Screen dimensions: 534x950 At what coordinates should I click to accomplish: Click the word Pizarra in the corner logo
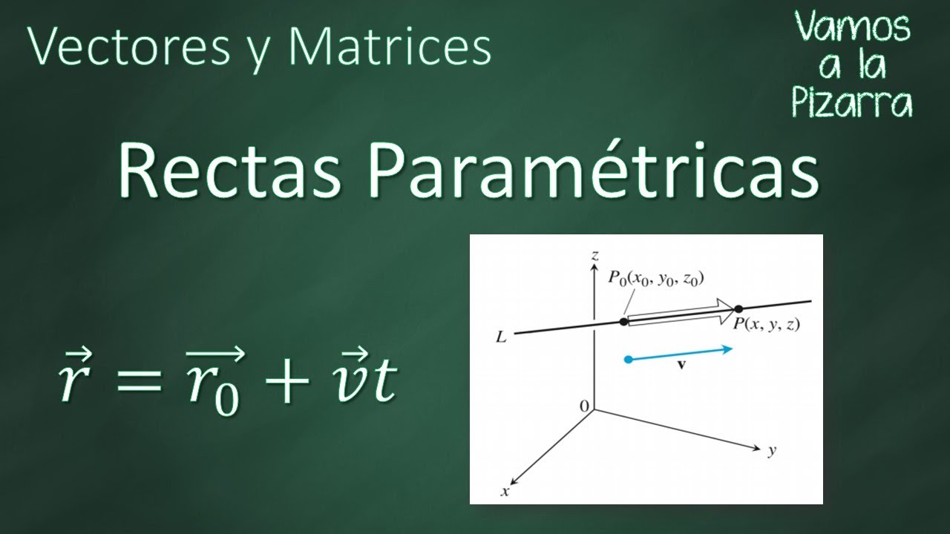852,104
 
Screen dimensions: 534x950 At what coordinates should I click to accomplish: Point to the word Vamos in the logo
854,28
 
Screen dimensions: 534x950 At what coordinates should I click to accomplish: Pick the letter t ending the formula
384,382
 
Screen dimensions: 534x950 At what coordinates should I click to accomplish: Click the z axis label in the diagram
594,255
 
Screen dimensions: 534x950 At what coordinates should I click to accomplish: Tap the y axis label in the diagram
772,451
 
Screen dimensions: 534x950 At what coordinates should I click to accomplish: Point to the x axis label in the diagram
505,491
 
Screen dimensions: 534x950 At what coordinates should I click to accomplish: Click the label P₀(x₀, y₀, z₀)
656,279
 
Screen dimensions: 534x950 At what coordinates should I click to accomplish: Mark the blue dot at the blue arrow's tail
629,360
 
